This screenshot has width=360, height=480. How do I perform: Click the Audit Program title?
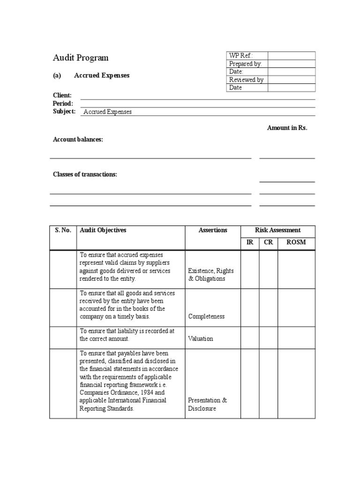tap(80, 58)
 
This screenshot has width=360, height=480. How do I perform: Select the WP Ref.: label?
tap(241, 56)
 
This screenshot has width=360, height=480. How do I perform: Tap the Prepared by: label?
tap(245, 64)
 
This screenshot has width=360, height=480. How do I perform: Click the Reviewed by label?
tap(246, 80)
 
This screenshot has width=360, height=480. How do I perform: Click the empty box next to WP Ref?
tap(292, 56)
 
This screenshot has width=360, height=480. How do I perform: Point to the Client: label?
tap(62, 95)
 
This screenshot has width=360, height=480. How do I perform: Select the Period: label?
tap(63, 103)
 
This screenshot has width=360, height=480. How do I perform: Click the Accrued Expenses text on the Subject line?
tap(107, 112)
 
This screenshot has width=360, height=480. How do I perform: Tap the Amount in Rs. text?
tap(287, 128)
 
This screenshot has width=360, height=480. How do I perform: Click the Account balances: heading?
tap(78, 140)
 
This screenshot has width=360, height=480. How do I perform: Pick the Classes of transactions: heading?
tap(85, 174)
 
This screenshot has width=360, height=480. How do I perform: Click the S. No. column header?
tap(63, 230)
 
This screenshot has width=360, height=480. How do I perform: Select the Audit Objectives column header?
tap(103, 230)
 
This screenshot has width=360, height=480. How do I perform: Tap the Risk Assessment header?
tap(277, 230)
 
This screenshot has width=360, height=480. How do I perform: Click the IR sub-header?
tap(250, 243)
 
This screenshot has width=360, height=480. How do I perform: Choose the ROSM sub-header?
tap(296, 243)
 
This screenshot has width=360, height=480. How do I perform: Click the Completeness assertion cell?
tap(206, 316)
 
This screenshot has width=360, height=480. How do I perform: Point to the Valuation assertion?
tap(201, 338)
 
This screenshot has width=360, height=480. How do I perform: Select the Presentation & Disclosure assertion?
tap(207, 405)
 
